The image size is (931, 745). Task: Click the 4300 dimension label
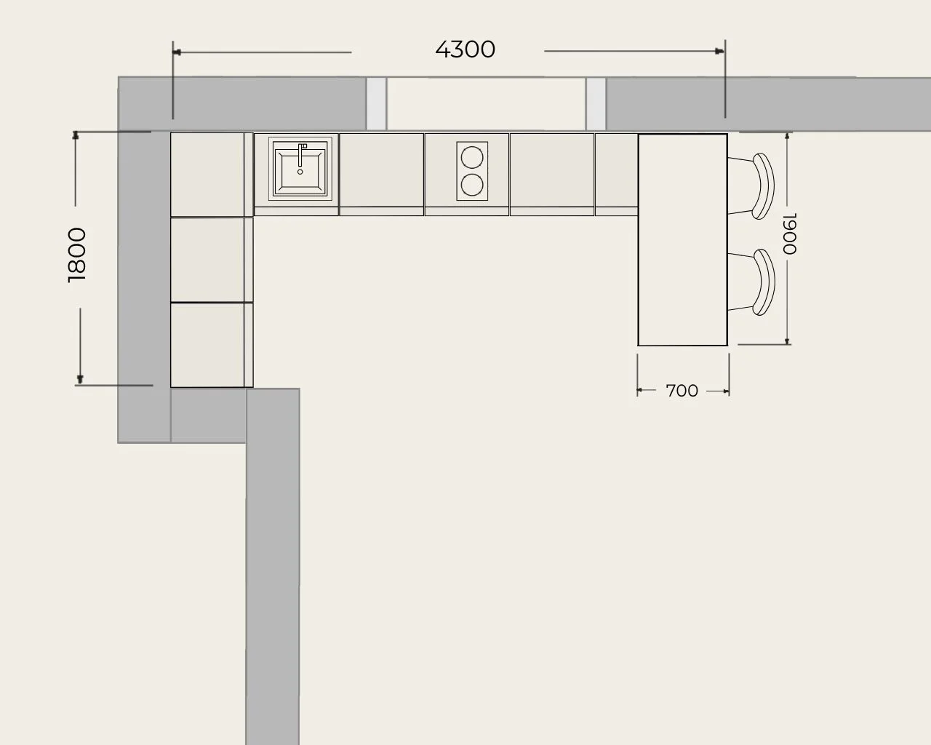[465, 49]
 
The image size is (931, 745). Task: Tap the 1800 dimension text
[77, 255]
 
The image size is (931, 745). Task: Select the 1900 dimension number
[790, 234]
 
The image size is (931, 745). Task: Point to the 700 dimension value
[682, 391]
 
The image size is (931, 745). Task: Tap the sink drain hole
[300, 172]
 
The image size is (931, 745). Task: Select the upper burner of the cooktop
[472, 157]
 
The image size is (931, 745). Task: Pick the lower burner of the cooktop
[472, 185]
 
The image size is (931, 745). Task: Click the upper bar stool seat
[764, 186]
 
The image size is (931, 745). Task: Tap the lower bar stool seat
[764, 282]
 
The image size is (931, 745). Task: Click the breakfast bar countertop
[683, 240]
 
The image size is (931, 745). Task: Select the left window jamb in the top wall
[376, 103]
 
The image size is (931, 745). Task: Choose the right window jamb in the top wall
[596, 104]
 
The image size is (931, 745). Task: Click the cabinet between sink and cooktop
[382, 174]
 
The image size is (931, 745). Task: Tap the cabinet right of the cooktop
[552, 174]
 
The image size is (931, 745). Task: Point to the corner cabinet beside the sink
[212, 175]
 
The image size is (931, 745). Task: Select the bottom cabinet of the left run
[212, 345]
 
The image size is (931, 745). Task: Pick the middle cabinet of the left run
[212, 260]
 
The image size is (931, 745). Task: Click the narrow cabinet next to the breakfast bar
[617, 174]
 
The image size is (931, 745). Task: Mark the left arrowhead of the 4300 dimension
[177, 52]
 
